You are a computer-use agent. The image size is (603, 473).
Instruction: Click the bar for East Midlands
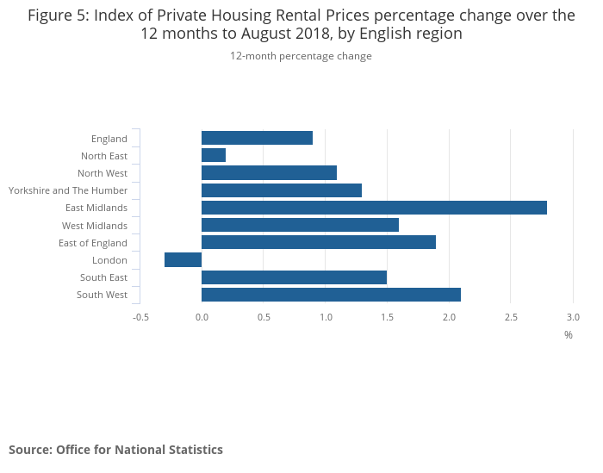pos(374,208)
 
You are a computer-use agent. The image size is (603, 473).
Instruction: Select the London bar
pos(183,260)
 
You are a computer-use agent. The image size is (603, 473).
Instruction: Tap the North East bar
pos(214,155)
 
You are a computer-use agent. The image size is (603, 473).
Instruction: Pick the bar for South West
pos(331,295)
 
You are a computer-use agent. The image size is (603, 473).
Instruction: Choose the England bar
pos(257,138)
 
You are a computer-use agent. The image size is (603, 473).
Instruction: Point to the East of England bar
pos(319,242)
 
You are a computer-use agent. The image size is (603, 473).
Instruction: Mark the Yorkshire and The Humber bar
pos(282,190)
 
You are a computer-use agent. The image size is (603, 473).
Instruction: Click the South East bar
pos(294,277)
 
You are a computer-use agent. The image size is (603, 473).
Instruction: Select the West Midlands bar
pos(300,225)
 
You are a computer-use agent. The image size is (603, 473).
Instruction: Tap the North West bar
pos(269,172)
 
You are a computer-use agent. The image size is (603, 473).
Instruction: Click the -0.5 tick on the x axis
pos(140,317)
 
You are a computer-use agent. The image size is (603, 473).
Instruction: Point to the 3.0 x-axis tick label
pos(573,317)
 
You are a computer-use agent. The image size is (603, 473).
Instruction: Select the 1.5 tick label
pos(388,317)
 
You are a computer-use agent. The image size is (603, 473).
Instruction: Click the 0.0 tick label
pos(202,317)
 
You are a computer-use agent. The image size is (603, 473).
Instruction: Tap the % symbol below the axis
pos(569,334)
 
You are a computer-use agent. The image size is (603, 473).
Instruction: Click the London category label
pos(109,260)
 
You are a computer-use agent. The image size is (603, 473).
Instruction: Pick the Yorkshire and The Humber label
pos(68,190)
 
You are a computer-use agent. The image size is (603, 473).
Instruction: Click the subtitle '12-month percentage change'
pos(301,56)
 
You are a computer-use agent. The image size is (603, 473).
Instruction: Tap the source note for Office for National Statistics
pos(115,450)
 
